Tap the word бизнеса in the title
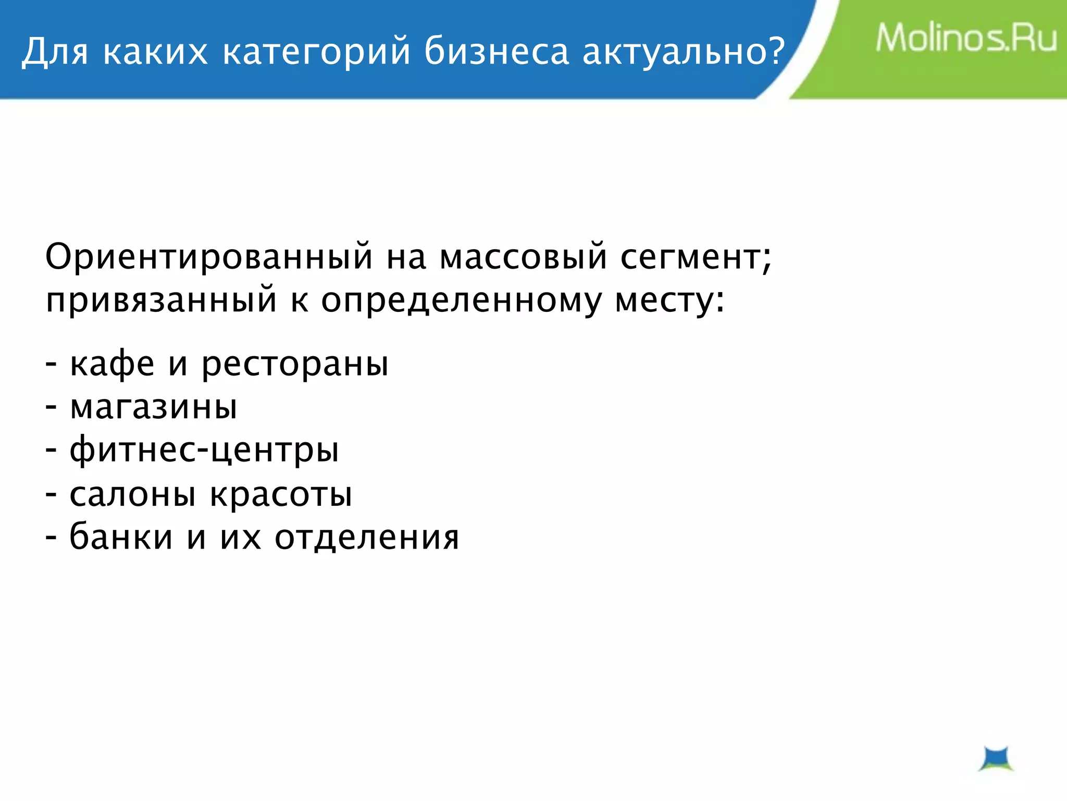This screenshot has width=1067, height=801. pos(497,52)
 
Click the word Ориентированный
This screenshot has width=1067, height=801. pos(209,257)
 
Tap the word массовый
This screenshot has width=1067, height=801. pos(523,257)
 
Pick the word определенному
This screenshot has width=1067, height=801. pos(461,301)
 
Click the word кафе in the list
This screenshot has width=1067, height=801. pos(112,363)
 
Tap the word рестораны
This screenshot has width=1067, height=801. pos(295,365)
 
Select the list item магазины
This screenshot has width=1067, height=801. pos(153,407)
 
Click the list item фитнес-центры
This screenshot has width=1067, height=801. pos(204,451)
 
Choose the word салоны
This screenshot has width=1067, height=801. pos(132,494)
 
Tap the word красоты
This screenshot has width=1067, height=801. pos(281,494)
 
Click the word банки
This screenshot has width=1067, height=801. pos(121,537)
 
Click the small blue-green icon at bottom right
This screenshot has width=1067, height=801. pos(996,759)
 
